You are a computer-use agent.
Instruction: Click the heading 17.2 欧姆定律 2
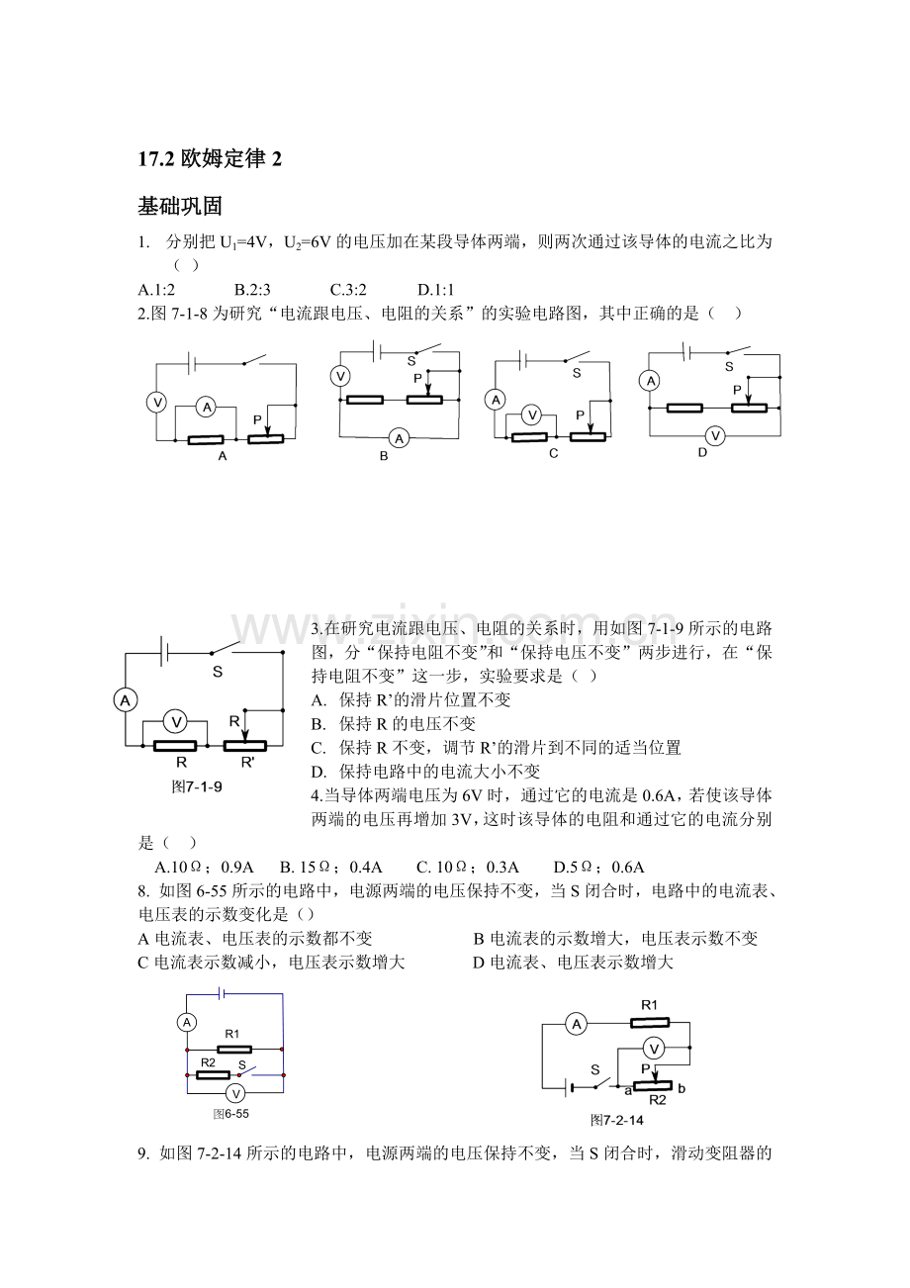pos(210,158)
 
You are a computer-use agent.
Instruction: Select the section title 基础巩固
pos(180,206)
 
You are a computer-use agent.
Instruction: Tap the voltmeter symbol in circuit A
pos(155,402)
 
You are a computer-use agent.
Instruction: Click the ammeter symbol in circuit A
pos(205,407)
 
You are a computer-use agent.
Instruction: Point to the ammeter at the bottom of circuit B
pos(399,437)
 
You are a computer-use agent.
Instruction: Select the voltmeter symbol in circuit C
pos(531,415)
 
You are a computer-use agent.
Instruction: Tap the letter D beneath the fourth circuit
pos(702,453)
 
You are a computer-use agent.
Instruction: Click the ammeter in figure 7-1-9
pos(126,700)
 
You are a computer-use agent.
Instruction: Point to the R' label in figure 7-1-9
pos(247,764)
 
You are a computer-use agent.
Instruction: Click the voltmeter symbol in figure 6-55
pos(234,1093)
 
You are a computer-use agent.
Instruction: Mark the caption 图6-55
pos(230,1113)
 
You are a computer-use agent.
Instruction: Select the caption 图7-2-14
pos(616,1120)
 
